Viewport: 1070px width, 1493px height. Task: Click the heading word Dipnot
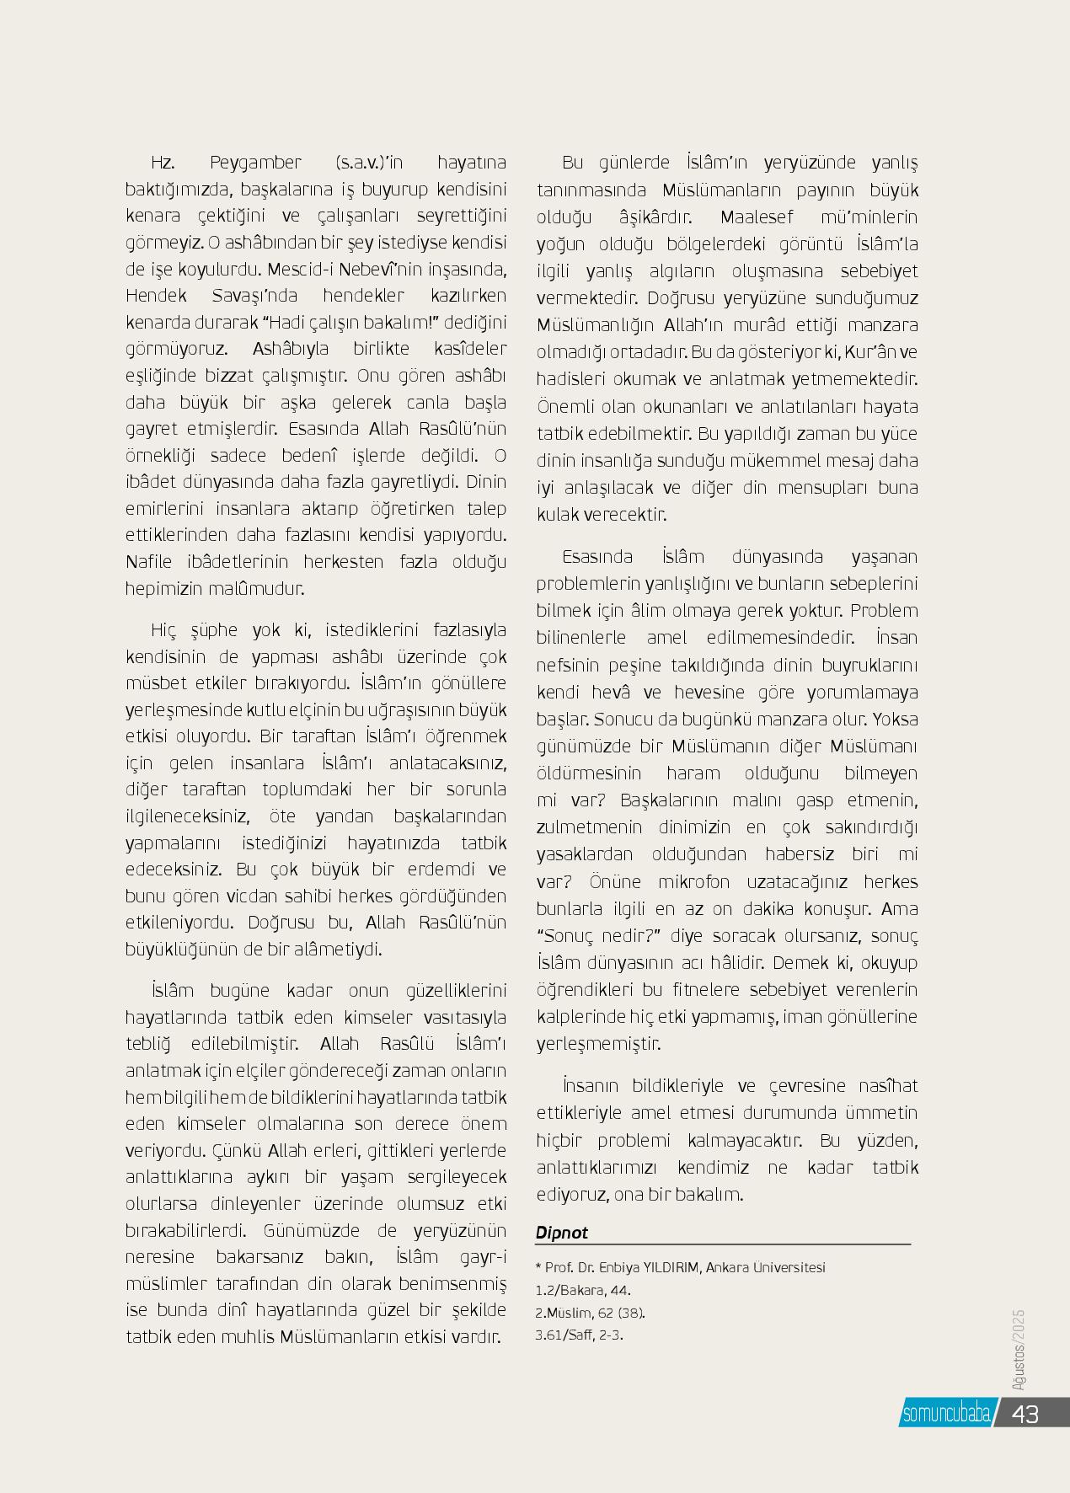point(561,1233)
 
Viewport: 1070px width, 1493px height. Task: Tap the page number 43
point(1025,1413)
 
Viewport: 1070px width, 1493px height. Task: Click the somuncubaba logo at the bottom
point(945,1413)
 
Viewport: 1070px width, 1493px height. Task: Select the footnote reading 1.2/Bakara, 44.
point(583,1290)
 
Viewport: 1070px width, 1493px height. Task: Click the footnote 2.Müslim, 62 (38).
point(590,1312)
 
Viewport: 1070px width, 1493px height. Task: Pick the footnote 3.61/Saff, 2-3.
point(579,1335)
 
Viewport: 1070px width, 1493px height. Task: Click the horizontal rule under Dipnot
point(723,1244)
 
